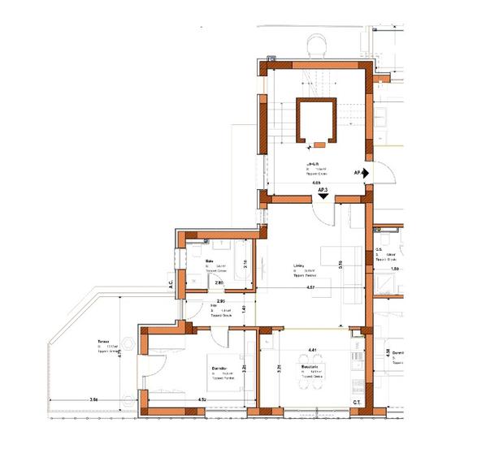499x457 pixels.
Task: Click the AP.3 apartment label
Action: tap(323, 190)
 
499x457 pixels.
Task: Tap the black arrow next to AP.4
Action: tap(367, 173)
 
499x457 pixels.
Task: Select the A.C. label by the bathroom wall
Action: tap(171, 284)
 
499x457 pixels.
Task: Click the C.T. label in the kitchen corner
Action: tap(357, 403)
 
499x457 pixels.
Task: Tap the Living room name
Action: tap(298, 265)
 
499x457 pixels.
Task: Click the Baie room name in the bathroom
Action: tap(209, 261)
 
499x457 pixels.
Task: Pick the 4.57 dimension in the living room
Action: tap(311, 288)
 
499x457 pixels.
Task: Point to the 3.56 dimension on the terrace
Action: tap(94, 401)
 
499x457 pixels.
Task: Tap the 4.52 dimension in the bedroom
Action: tap(202, 401)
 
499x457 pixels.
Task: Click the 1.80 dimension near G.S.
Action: tap(394, 269)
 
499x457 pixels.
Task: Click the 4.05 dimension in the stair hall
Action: tap(316, 183)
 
